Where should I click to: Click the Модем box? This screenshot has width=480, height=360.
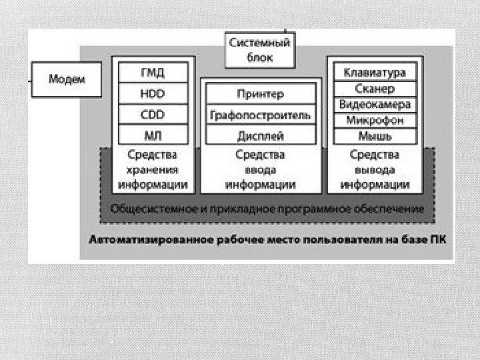67,79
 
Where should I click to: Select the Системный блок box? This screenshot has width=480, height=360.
260,50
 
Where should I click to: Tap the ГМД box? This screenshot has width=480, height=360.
153,72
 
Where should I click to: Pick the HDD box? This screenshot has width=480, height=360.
153,93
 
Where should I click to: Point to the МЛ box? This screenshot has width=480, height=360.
153,135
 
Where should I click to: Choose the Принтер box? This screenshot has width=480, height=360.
260,94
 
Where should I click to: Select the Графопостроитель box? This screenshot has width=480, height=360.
260,115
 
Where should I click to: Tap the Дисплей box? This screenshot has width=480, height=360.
260,136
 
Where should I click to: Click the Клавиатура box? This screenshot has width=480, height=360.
374,71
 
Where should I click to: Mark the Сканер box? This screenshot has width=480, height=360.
374,88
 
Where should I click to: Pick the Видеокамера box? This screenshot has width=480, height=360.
374,104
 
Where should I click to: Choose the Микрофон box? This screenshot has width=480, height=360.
374,120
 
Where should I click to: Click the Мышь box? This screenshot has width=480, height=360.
374,136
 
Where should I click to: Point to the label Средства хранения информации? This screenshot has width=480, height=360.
153,169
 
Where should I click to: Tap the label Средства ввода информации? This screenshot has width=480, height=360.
260,169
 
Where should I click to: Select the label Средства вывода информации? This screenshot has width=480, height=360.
374,169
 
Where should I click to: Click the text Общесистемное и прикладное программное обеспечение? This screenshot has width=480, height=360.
267,209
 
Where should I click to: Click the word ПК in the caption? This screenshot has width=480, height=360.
437,238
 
